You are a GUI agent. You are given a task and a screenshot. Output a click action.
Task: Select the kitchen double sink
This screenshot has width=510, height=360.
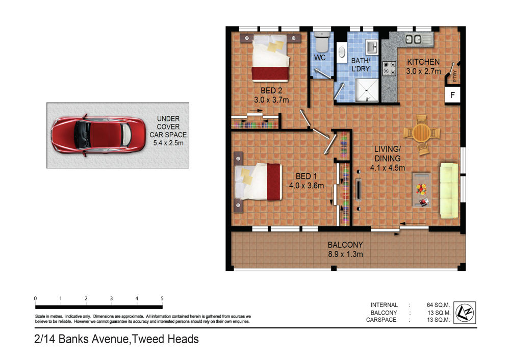[x=419, y=39]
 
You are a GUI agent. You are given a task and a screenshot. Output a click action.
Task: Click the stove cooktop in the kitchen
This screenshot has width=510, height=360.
[x=389, y=68]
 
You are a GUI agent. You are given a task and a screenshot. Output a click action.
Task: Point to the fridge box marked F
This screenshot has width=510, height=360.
[x=452, y=95]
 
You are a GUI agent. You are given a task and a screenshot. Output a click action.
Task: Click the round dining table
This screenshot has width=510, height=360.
[x=422, y=133]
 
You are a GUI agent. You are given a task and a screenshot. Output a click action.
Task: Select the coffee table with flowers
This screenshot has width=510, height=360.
[x=422, y=190]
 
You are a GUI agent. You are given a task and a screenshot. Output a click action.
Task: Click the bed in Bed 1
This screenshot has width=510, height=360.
[x=258, y=182]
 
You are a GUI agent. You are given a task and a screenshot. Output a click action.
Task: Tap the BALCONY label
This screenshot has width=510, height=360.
[x=345, y=245]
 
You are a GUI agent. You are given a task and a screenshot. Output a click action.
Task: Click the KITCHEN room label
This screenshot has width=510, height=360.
[x=423, y=62]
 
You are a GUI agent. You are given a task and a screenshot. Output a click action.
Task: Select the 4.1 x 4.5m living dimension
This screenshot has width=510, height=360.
[x=388, y=168]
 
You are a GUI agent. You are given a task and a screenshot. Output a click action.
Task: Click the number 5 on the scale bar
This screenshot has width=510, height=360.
[x=162, y=298]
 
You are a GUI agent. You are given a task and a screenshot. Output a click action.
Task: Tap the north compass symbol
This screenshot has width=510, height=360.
[x=465, y=313]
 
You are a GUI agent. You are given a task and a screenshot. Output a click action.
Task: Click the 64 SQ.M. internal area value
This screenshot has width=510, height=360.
[x=438, y=305]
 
